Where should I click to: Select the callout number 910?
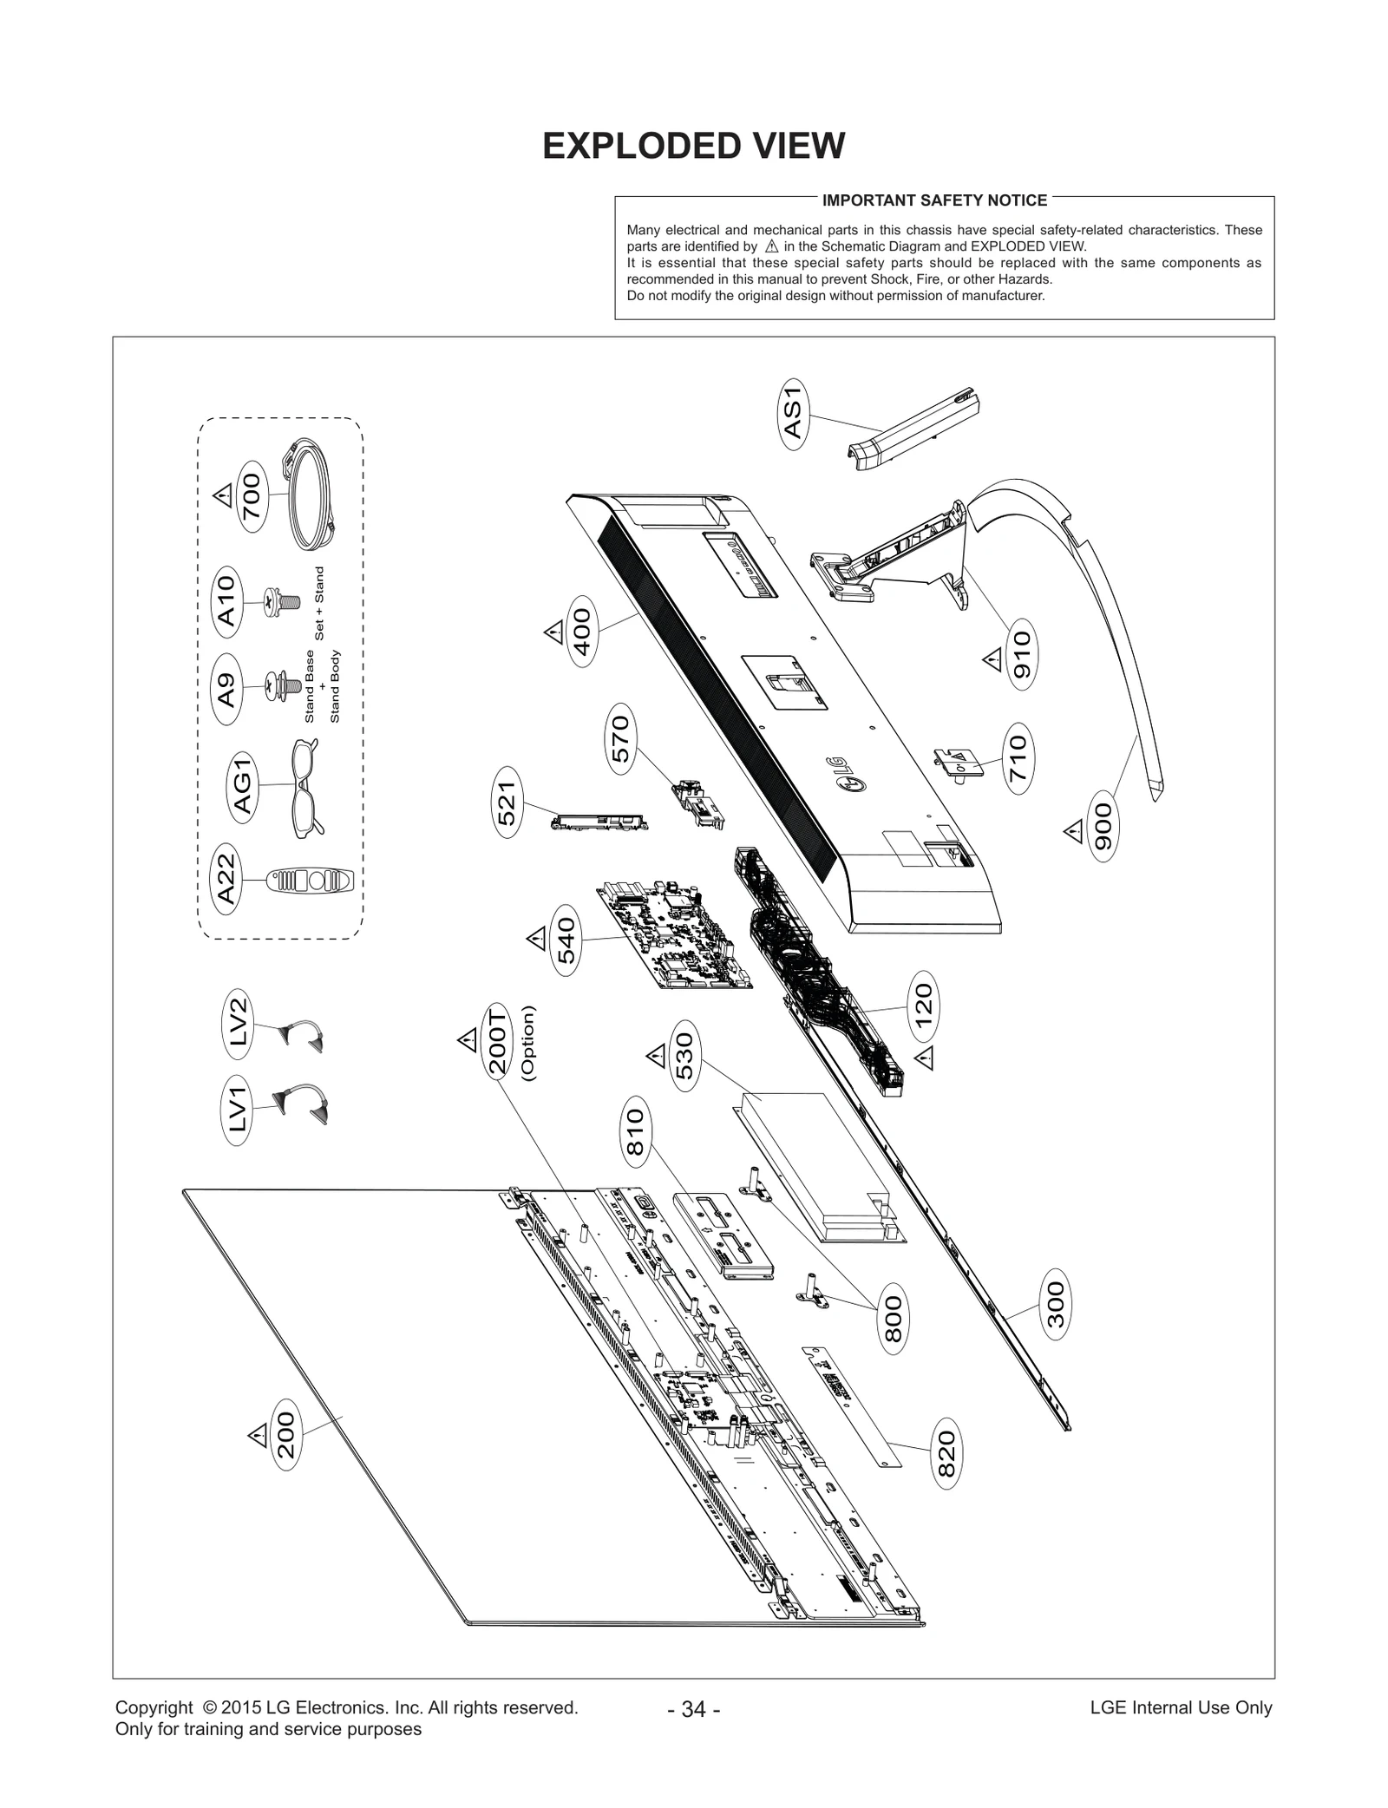pyautogui.click(x=1022, y=654)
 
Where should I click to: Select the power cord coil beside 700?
pyautogui.click(x=311, y=495)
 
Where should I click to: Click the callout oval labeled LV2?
pyautogui.click(x=239, y=1022)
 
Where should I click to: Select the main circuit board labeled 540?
pyautogui.click(x=673, y=937)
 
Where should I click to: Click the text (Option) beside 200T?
pyautogui.click(x=527, y=1042)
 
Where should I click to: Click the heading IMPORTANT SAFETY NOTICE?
pyautogui.click(x=934, y=200)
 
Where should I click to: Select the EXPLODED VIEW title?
pyautogui.click(x=693, y=146)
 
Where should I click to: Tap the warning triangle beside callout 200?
pyautogui.click(x=258, y=1436)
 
